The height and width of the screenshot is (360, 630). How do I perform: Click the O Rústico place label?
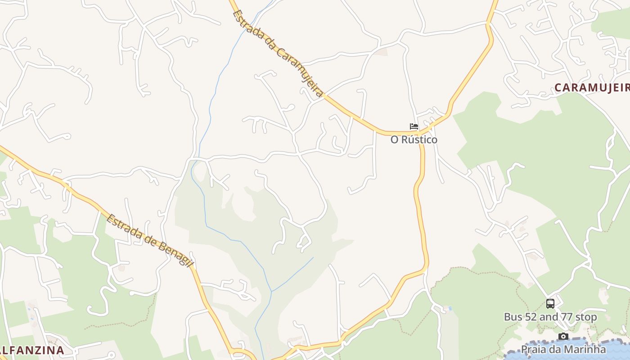coord(414,139)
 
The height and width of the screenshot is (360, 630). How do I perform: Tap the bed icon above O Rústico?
coord(414,126)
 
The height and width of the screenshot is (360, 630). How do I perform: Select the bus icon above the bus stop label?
coord(550,304)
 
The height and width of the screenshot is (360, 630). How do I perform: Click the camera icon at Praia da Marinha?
coord(563,336)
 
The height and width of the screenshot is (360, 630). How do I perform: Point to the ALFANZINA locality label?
coord(31,350)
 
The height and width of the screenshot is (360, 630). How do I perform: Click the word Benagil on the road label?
coord(173,252)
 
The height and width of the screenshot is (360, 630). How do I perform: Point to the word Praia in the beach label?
coord(532,349)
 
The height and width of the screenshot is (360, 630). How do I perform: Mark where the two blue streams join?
coord(271,291)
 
